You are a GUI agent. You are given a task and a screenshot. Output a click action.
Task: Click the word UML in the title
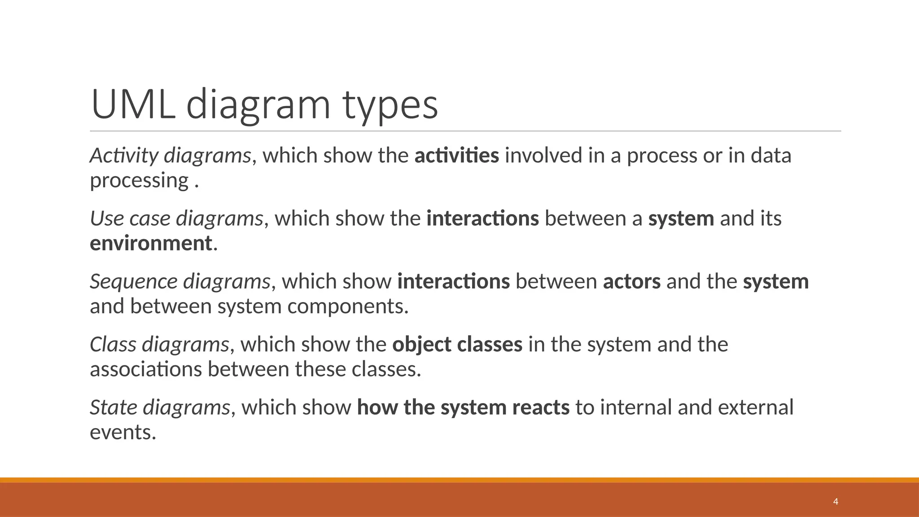133,105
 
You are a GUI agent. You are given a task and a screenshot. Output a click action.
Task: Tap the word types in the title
390,105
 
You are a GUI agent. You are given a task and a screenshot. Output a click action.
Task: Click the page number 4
836,502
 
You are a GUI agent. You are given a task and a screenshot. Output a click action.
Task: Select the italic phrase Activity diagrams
171,156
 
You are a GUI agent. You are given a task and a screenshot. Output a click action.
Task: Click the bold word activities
456,156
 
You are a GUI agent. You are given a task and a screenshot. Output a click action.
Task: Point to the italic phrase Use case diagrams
176,219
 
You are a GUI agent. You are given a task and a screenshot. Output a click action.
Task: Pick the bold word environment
151,243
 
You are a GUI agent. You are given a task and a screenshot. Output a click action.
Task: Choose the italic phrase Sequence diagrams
180,282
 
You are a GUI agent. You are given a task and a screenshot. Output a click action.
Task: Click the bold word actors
631,282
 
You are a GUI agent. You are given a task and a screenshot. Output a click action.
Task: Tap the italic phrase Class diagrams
160,345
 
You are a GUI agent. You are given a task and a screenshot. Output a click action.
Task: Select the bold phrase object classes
457,345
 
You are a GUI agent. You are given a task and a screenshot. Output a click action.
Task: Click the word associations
145,369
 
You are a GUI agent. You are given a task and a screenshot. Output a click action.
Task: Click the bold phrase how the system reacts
463,407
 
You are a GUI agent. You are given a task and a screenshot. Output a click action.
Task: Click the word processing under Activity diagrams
139,180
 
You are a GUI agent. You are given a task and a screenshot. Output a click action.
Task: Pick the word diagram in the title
258,105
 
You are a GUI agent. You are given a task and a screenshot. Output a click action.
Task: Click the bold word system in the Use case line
681,219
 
